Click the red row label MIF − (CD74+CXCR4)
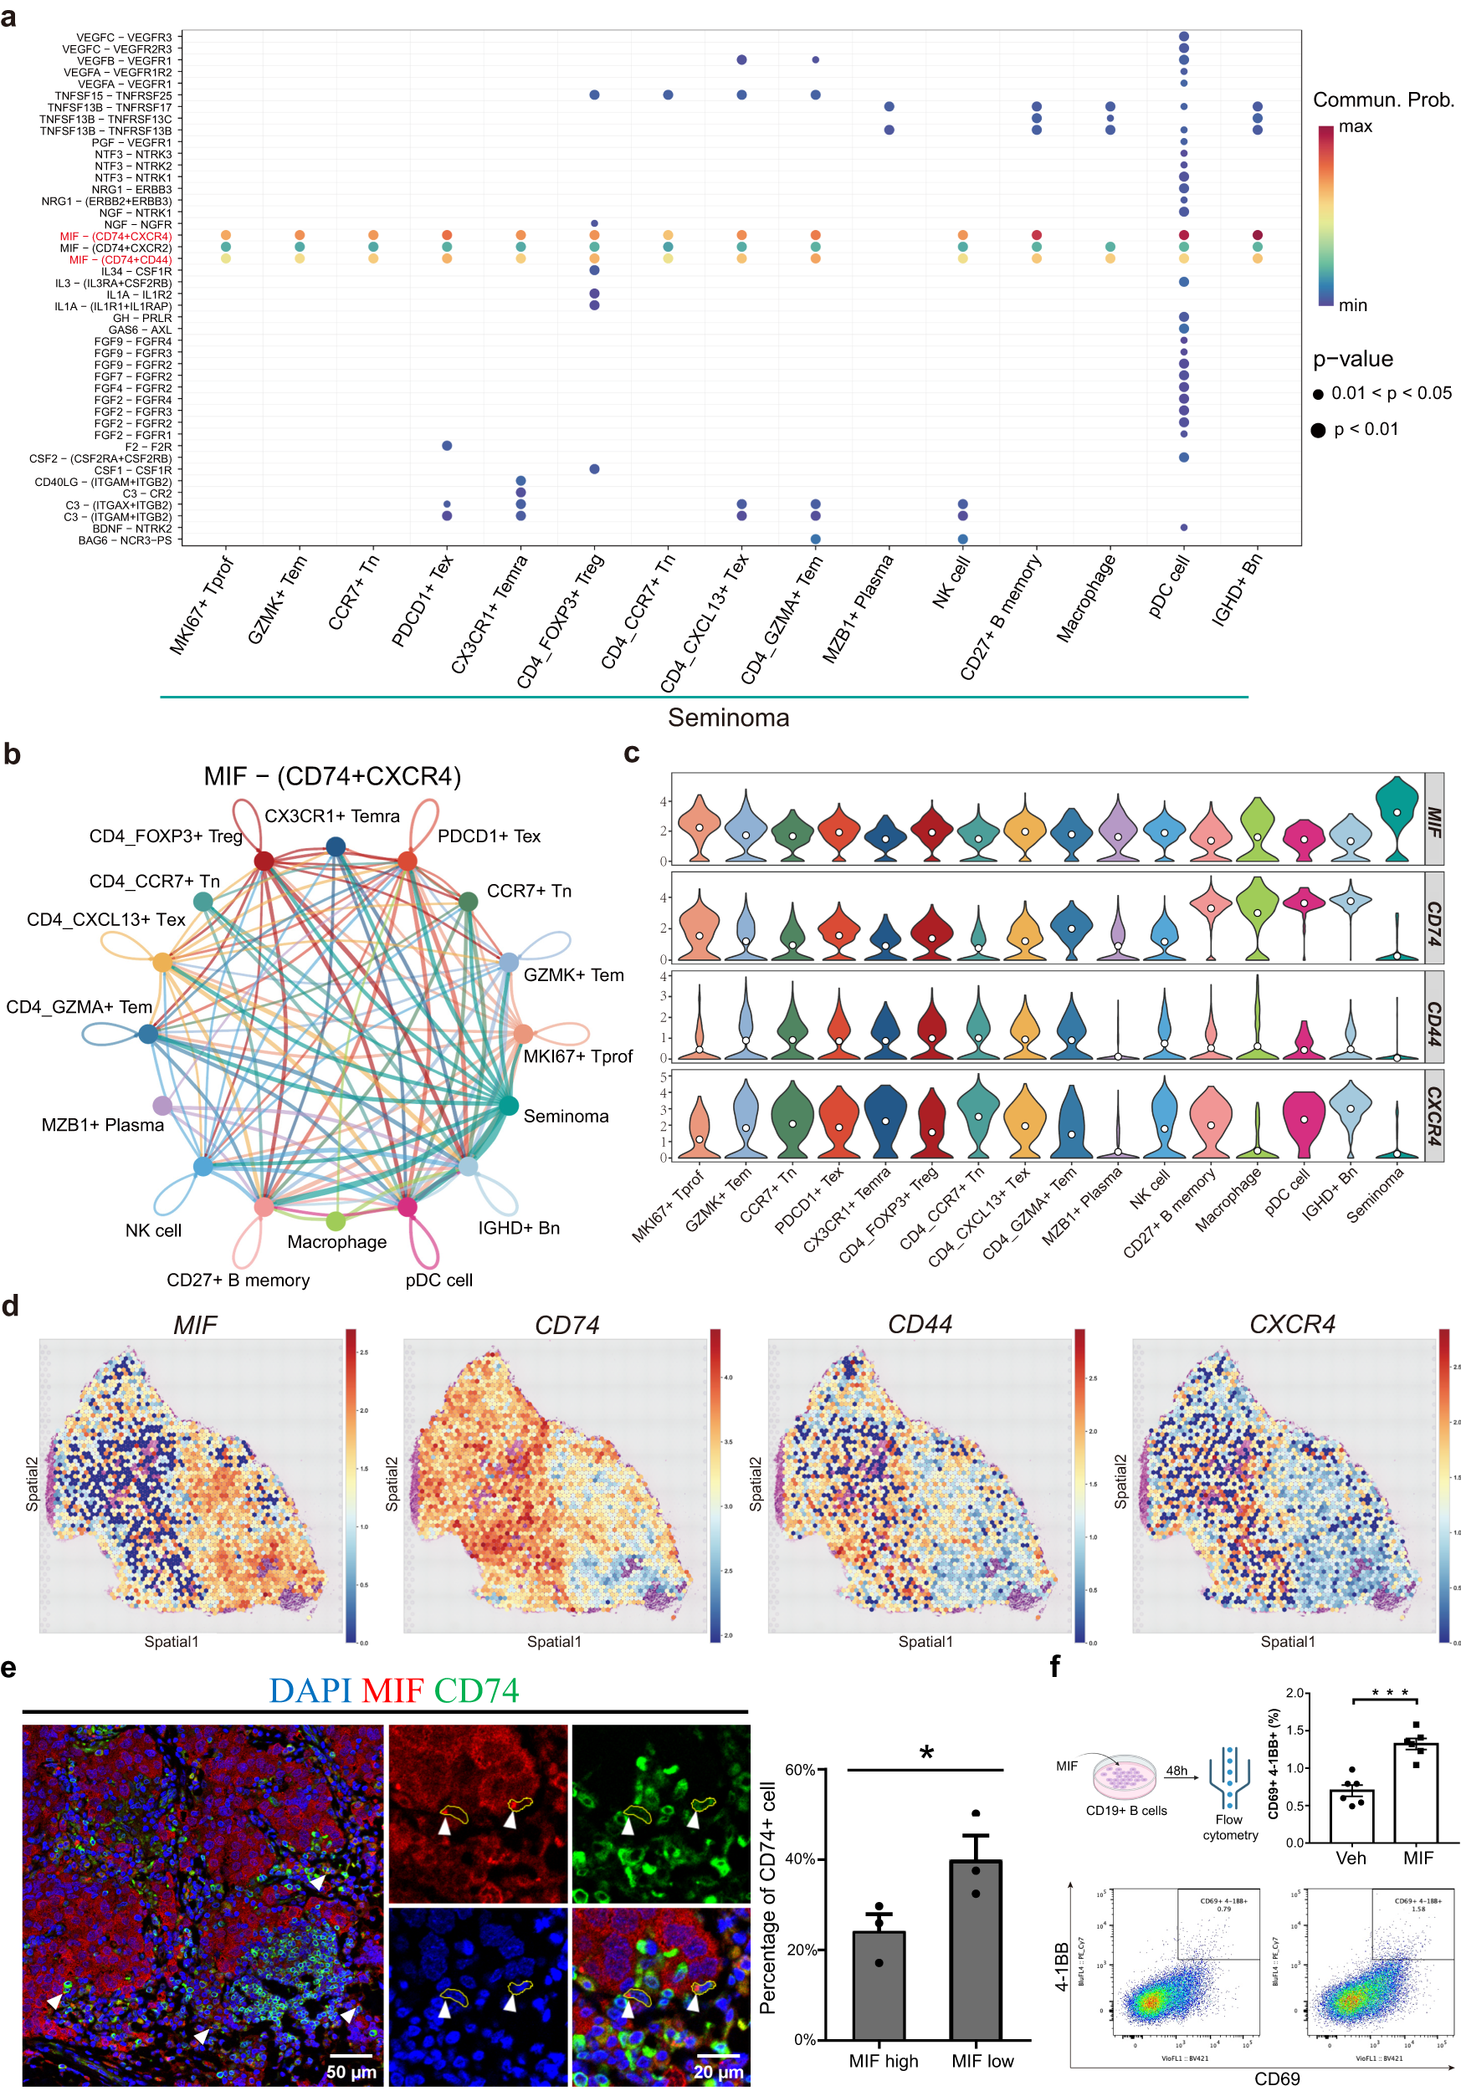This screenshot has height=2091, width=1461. point(115,236)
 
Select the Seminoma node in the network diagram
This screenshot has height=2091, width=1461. point(508,1106)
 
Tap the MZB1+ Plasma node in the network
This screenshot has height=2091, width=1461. point(162,1106)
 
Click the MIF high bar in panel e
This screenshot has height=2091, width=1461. point(878,1985)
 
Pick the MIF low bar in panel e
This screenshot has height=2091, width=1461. point(976,1949)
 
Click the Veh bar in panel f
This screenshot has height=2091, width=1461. point(1351,1816)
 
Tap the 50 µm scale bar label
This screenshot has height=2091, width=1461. point(351,2071)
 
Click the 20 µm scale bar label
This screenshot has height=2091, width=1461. point(718,2071)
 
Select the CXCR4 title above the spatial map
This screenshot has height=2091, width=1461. point(1292,1324)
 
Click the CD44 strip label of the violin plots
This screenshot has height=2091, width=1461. point(1433,1015)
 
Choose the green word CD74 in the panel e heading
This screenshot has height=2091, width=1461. point(475,1690)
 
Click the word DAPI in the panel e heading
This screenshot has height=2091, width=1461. point(310,1690)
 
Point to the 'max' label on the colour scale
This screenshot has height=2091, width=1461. point(1356,126)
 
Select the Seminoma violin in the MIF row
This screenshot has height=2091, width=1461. point(1397,818)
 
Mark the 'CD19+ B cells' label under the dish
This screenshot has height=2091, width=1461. point(1125,1811)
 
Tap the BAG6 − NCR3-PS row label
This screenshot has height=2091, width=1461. point(124,540)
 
